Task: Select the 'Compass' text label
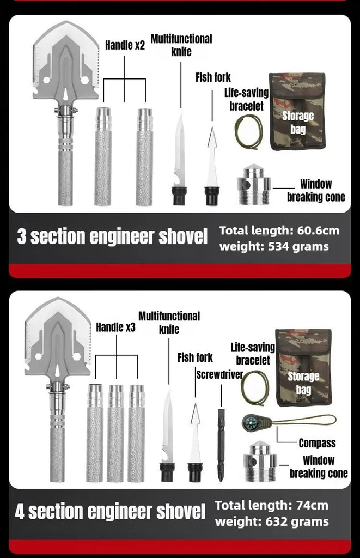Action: tap(317, 443)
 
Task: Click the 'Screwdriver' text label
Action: tap(219, 375)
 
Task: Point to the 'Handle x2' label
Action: tap(125, 45)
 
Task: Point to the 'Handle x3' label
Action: tap(115, 327)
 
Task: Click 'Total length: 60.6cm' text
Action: tap(279, 231)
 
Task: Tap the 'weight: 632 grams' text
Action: tap(272, 521)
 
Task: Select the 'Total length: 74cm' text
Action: tap(272, 505)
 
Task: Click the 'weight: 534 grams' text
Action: tap(274, 246)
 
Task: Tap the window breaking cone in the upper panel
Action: tap(254, 185)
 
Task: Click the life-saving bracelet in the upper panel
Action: tap(249, 132)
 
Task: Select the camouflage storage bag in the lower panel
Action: tap(303, 368)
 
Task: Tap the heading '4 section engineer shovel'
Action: tap(110, 512)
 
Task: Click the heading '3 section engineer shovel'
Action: tap(112, 237)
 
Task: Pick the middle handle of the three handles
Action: tap(115, 433)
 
